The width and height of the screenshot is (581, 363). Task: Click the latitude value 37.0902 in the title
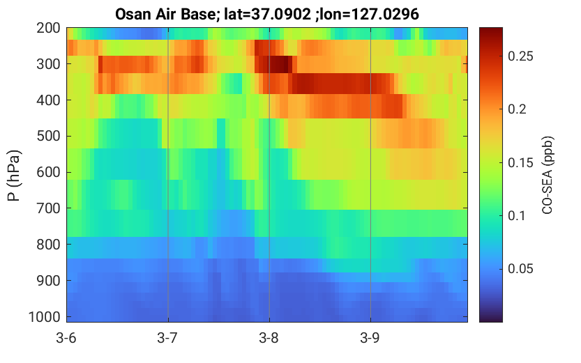click(281, 15)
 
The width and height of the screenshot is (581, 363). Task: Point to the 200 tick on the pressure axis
click(48, 28)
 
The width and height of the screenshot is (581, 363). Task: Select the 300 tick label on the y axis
click(48, 64)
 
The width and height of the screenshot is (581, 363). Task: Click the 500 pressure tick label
click(48, 136)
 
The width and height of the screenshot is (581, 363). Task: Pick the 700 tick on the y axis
click(48, 208)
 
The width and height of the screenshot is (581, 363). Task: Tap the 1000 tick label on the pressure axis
click(45, 317)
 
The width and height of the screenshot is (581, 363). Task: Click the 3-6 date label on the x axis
click(66, 338)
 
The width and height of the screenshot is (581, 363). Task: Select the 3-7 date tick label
click(167, 338)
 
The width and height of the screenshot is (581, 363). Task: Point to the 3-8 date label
click(269, 338)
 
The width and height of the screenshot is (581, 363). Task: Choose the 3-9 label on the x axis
click(370, 338)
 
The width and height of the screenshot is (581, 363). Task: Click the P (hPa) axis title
click(14, 176)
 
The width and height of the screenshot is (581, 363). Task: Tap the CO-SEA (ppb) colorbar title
click(548, 176)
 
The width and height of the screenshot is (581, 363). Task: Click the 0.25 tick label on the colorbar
click(520, 56)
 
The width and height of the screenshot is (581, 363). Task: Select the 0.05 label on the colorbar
click(520, 269)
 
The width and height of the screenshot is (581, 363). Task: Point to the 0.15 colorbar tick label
click(520, 162)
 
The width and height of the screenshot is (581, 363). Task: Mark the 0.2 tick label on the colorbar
click(518, 109)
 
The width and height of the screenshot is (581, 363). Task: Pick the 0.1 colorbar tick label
click(517, 215)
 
